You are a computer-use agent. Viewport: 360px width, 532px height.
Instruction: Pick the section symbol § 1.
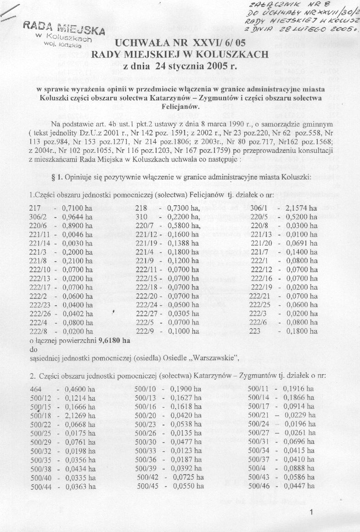click(60, 178)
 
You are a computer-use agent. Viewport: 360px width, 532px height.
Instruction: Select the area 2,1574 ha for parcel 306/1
click(300, 208)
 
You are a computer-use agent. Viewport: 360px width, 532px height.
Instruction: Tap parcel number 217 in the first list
click(34, 208)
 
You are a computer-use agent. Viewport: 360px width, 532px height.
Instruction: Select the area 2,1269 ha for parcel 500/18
click(79, 415)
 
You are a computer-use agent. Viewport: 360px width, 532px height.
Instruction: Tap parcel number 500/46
click(258, 486)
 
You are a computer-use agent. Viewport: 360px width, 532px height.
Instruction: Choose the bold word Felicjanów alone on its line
click(180, 107)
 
